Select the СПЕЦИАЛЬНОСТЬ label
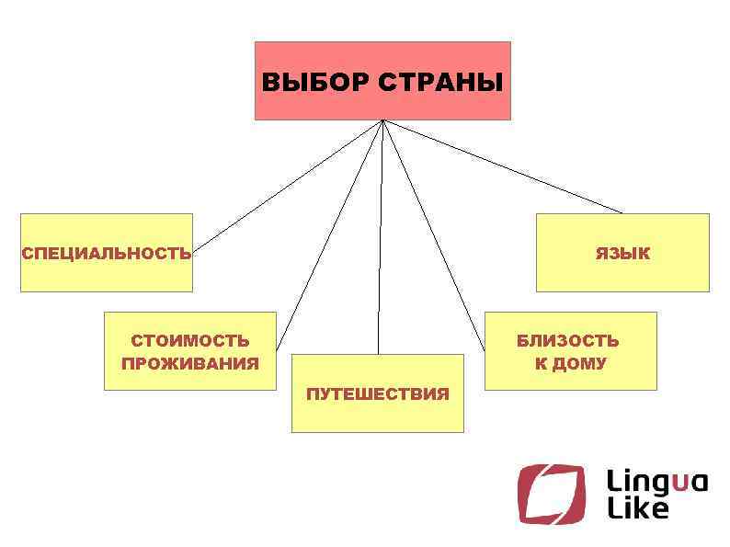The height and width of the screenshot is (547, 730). pos(107,254)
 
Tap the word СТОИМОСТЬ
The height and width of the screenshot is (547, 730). pos(189,342)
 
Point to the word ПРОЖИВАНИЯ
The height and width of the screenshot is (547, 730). pos(189,363)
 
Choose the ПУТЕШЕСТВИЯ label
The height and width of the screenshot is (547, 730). pos(377,394)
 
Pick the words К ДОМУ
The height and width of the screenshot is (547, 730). pos(570,363)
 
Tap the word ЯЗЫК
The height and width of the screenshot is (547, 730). pos(622,254)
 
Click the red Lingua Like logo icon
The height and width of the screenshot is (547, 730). pos(550,494)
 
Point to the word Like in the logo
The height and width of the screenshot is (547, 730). pos(637,508)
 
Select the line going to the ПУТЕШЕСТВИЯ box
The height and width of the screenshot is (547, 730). pos(380,239)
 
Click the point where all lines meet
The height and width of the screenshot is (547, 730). pos(382,120)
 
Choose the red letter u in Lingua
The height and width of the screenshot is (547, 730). pos(679,483)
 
